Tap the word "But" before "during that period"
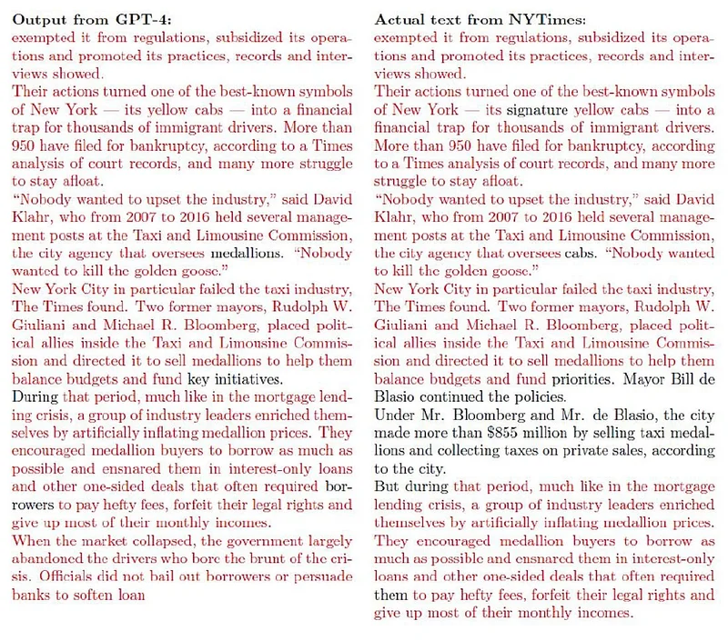(389, 487)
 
